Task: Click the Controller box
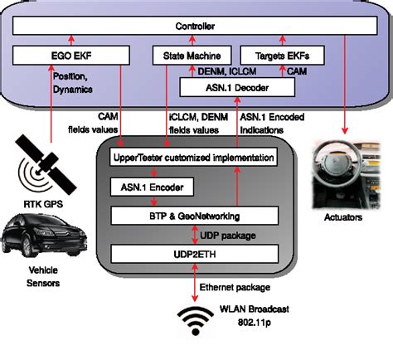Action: pos(196,27)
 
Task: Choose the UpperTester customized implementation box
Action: pos(192,157)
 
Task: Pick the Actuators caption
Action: pos(342,220)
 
